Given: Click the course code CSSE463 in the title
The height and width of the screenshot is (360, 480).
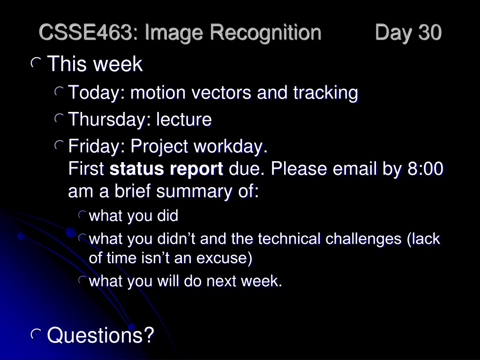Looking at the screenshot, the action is [85, 32].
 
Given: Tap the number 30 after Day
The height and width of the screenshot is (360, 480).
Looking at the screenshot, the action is [430, 32].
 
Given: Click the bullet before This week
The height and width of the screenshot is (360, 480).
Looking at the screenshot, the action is [36, 63].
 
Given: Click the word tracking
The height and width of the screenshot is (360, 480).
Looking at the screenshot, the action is [326, 93].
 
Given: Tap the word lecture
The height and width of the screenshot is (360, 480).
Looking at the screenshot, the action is [184, 119].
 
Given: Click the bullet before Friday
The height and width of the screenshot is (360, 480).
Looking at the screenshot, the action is [59, 145].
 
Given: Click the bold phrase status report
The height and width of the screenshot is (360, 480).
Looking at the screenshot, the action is [166, 169].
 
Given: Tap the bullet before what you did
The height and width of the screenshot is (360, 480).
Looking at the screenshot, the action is [82, 215].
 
